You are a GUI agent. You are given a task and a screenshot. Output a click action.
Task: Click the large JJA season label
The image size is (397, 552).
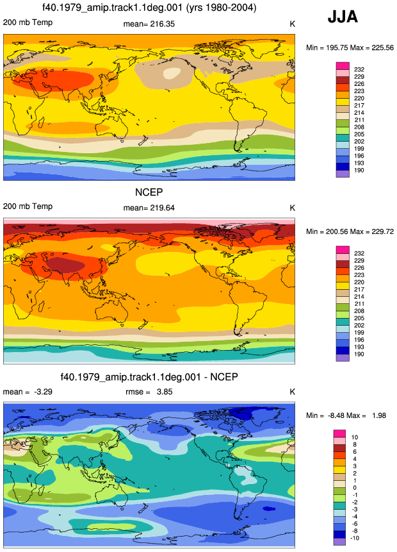tap(343, 17)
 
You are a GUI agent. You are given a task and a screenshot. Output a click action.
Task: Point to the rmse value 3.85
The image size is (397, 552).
tap(165, 392)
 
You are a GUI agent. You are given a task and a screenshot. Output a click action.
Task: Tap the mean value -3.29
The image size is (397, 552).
tap(43, 392)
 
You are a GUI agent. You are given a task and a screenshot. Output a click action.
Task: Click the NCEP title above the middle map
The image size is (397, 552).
tap(149, 192)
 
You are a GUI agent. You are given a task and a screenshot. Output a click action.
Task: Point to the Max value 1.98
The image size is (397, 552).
tap(379, 415)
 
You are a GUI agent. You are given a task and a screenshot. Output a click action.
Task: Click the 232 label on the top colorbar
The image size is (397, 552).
tap(359, 70)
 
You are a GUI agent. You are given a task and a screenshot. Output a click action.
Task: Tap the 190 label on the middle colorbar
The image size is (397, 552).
tap(359, 354)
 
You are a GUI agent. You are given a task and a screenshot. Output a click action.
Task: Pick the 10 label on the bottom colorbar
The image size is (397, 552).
tap(355, 437)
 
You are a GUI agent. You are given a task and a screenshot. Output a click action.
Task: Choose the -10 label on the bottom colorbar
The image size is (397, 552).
tap(355, 538)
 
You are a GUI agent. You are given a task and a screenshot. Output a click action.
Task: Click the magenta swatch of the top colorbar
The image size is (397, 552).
tap(343, 66)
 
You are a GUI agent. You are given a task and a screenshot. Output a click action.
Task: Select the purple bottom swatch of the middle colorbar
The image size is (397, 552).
tap(343, 358)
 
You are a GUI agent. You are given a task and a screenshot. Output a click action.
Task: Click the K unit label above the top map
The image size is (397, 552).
tap(292, 24)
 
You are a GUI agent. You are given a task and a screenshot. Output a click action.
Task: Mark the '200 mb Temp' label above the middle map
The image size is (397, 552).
tap(28, 206)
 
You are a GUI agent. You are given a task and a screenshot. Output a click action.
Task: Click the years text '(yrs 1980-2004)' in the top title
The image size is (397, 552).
tap(220, 7)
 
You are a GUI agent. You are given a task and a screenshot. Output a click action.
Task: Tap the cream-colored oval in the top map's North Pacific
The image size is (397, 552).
tap(172, 73)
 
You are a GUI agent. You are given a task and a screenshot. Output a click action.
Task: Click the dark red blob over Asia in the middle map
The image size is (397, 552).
tap(66, 265)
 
